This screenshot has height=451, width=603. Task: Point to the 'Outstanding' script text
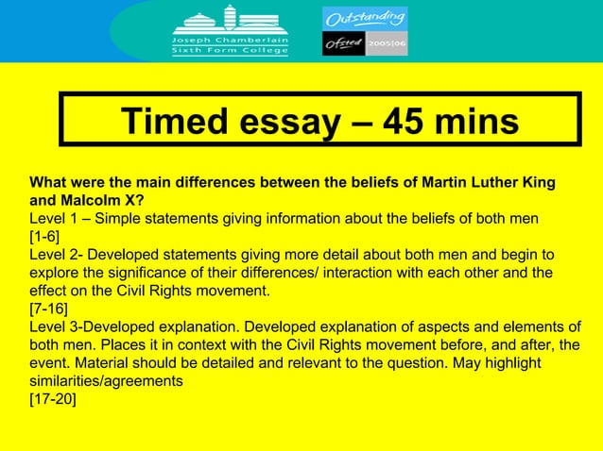(365, 18)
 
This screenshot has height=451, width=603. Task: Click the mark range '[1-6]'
(47, 236)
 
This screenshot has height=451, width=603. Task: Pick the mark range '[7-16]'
(51, 309)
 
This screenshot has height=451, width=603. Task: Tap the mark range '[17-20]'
(55, 399)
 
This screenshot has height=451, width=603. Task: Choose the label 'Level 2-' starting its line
(58, 255)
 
